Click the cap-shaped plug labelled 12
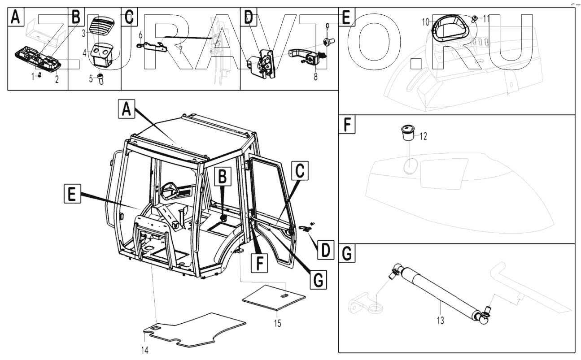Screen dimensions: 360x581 point(407,133)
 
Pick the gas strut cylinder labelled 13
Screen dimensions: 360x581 point(440,290)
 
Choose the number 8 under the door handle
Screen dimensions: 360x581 point(315,77)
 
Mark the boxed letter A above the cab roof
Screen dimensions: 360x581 point(127,109)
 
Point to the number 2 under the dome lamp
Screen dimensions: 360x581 point(57,80)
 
